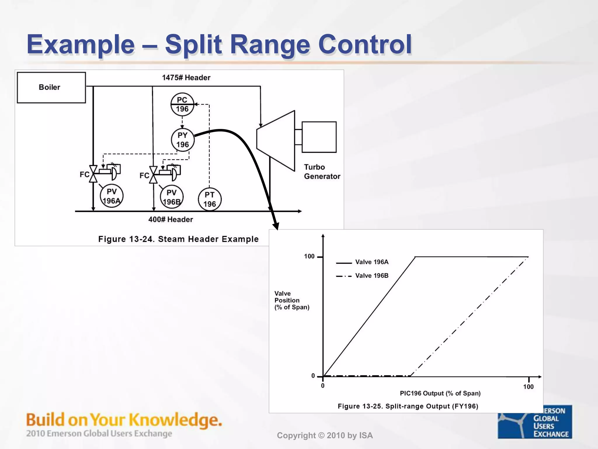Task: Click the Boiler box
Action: click(51, 87)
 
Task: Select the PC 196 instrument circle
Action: click(182, 104)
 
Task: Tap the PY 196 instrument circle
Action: click(182, 140)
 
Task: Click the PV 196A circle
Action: click(112, 196)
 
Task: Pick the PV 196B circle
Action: click(172, 197)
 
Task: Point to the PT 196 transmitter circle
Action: click(210, 199)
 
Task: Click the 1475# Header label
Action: click(186, 78)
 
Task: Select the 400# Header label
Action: click(171, 220)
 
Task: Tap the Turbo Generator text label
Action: click(322, 172)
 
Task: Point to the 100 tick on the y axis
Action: click(310, 257)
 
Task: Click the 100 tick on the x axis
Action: click(528, 386)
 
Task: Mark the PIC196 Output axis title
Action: click(440, 393)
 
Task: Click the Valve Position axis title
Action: click(291, 300)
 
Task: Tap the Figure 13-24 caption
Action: click(178, 239)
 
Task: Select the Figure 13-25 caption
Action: click(408, 406)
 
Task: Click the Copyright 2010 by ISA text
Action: click(325, 436)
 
